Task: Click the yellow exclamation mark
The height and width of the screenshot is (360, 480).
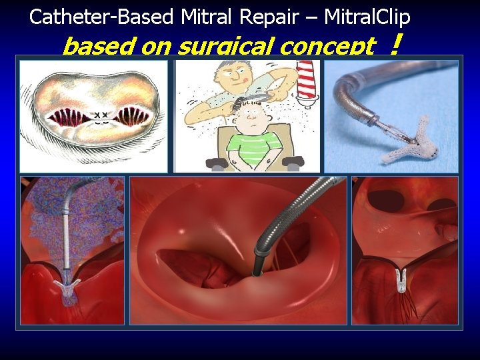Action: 397,45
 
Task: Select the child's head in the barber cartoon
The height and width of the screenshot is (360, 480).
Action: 251,119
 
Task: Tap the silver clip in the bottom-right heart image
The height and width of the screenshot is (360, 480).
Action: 401,280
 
